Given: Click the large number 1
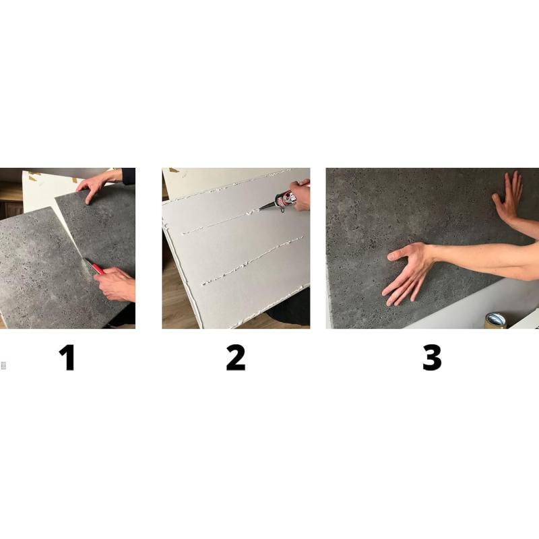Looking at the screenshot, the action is click(67, 358).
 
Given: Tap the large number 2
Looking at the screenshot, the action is click(236, 358).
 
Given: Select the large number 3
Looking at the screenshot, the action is click(432, 358).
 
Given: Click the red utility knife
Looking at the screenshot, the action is click(94, 266).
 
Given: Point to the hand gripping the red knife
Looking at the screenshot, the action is click(115, 284).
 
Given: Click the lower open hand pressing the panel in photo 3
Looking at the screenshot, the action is click(409, 272).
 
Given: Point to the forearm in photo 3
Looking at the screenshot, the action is click(484, 259).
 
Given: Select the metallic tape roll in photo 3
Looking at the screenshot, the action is click(495, 321).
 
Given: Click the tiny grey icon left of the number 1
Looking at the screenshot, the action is click(3, 365).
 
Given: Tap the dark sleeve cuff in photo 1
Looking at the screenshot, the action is click(128, 176).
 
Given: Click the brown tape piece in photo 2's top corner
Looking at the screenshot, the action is click(174, 170).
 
